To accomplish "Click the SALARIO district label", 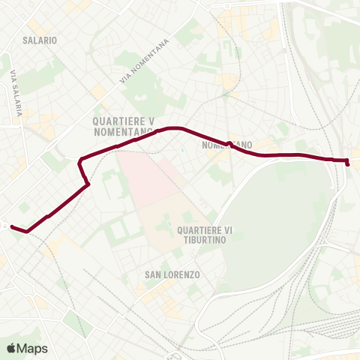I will [40, 39].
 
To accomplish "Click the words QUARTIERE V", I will [123, 120].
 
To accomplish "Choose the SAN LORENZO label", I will [172, 275].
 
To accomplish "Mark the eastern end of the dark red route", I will [348, 163].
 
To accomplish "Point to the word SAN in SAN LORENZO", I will [151, 275].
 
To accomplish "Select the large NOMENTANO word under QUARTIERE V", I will [123, 131].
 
